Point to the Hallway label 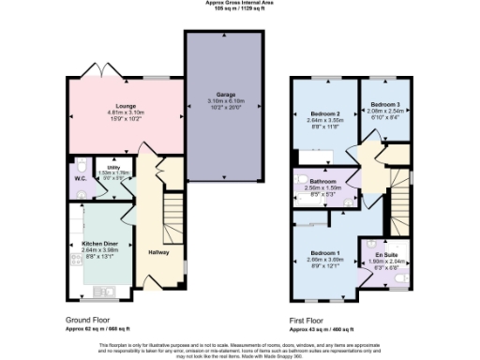tap(157, 251)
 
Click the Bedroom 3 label tap(385, 103)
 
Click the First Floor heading tap(313, 319)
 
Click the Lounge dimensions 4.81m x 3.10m tap(126, 113)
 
